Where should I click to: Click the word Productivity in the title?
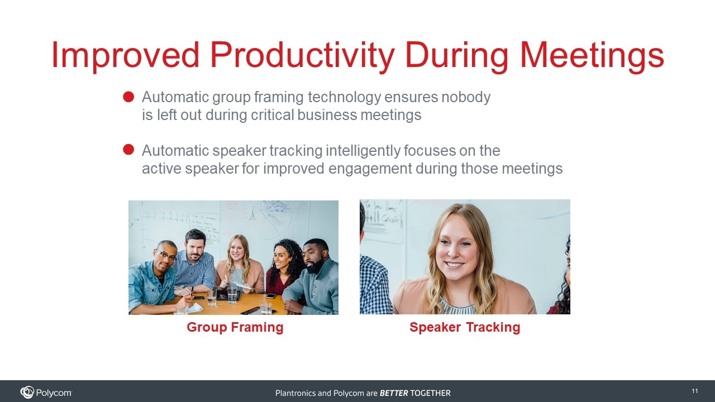302,55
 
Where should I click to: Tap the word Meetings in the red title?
593,55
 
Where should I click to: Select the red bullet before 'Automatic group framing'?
128,97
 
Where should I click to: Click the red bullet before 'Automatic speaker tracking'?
128,149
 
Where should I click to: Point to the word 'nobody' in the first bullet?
466,97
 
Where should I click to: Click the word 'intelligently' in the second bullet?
363,151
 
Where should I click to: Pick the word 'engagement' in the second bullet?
370,169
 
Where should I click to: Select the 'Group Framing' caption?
235,328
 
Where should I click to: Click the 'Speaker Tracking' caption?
465,327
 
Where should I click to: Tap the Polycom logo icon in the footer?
27,392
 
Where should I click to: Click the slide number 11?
694,391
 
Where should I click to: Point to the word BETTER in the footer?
394,393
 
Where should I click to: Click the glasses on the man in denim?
166,255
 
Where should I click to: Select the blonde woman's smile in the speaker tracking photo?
454,265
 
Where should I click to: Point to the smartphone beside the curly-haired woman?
271,296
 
